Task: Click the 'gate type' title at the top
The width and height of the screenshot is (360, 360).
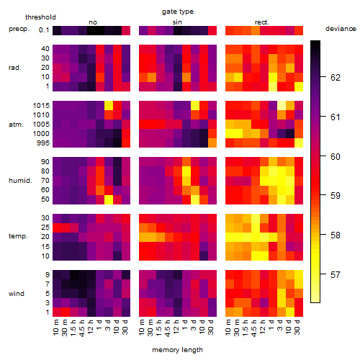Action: [x=178, y=12]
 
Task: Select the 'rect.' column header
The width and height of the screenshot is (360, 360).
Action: [x=262, y=22]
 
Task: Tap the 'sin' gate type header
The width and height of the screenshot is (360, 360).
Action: [x=177, y=22]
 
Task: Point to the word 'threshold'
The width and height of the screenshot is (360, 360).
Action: [x=40, y=17]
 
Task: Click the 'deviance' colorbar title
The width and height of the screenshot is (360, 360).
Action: [x=341, y=29]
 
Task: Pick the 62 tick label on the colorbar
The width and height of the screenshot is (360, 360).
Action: [x=336, y=78]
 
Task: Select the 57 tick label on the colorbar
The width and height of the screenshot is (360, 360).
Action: [x=336, y=274]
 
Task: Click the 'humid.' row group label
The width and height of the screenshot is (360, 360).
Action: [x=20, y=181]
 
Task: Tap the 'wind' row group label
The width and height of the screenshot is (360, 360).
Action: [x=17, y=294]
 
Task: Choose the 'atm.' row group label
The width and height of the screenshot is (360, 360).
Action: [x=16, y=125]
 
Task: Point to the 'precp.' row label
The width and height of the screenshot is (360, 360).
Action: [x=19, y=29]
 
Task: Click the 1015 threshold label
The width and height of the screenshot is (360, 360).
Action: [x=41, y=106]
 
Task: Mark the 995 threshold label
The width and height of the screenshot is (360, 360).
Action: [x=43, y=143]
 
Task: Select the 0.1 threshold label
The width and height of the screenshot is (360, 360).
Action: [x=44, y=30]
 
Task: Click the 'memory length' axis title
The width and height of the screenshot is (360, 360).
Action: [x=178, y=350]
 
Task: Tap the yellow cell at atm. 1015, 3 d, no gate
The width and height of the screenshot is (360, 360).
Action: [x=109, y=106]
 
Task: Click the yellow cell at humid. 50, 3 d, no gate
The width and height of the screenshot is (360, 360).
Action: [x=109, y=199]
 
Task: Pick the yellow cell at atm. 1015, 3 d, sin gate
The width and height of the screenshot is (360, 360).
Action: [x=195, y=106]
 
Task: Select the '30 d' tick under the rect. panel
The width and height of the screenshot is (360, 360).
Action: [x=297, y=328]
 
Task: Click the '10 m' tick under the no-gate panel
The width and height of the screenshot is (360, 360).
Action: [x=55, y=328]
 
